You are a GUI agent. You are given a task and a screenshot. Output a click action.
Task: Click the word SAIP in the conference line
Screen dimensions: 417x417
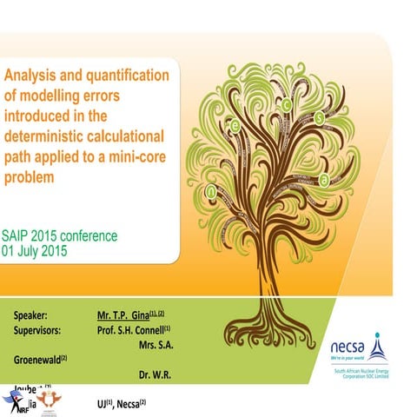[19, 235]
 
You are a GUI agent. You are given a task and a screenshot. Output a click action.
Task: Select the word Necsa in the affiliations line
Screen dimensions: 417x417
[131, 404]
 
